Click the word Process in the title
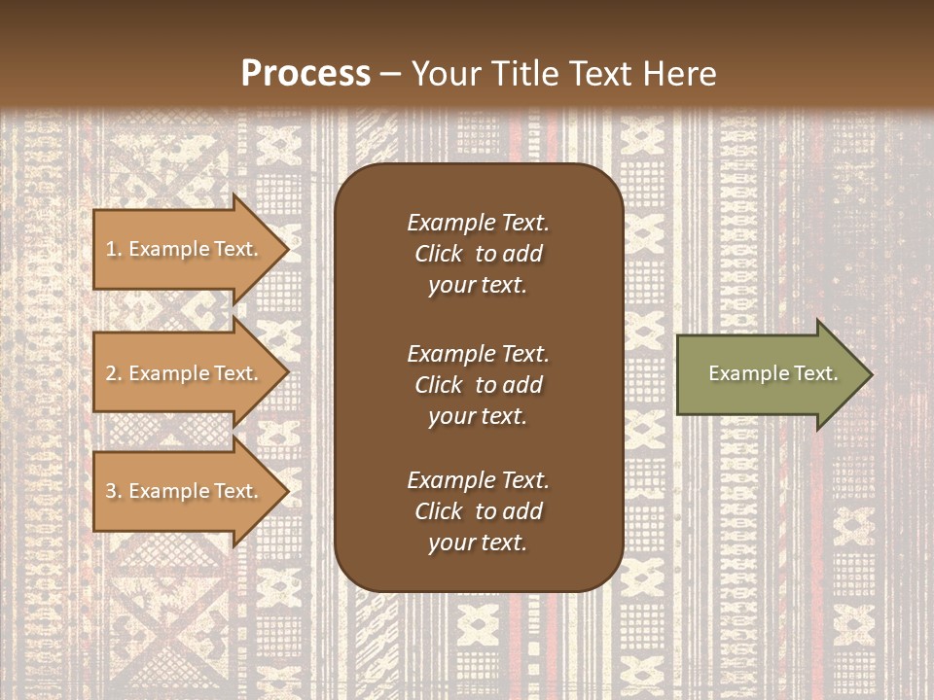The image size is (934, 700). point(305,74)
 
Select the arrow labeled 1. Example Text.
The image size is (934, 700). point(185,249)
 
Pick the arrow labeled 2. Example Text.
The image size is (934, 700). point(185,373)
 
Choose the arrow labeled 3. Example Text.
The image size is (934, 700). point(185,491)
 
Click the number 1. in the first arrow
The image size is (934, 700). point(114,249)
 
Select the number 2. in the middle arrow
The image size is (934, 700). point(114,373)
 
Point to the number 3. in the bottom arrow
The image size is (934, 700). point(114,491)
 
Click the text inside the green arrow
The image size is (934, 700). point(772,373)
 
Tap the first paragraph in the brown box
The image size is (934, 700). point(478,254)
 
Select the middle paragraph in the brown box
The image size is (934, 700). point(478,385)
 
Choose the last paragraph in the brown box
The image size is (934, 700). point(478,511)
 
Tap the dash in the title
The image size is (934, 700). point(391,74)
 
